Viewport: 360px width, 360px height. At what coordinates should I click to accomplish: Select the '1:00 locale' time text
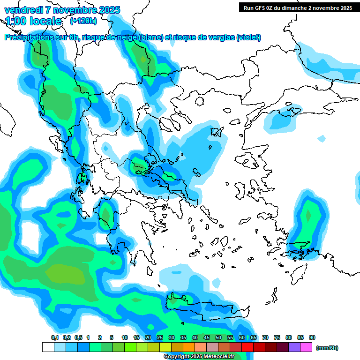34,21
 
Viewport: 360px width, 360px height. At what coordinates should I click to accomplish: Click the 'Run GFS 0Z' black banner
298,7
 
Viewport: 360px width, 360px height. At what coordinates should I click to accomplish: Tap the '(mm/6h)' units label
327,348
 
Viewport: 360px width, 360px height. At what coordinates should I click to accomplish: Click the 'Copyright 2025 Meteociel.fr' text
199,357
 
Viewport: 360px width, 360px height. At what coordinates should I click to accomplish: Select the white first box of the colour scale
48,347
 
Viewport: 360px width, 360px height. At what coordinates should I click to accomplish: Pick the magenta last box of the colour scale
306,347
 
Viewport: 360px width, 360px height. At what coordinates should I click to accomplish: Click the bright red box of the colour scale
247,347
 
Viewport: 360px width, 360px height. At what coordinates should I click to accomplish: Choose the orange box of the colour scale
188,347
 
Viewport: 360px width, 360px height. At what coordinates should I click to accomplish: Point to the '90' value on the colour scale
312,338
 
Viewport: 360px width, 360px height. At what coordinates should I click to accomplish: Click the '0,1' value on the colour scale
55,338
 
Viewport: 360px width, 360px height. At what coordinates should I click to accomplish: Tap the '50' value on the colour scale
218,338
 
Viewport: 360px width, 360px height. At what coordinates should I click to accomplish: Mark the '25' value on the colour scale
160,338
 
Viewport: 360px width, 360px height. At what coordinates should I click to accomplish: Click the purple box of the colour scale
294,347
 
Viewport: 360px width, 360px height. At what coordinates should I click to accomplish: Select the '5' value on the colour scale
112,338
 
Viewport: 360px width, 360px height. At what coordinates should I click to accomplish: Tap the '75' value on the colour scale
277,338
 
